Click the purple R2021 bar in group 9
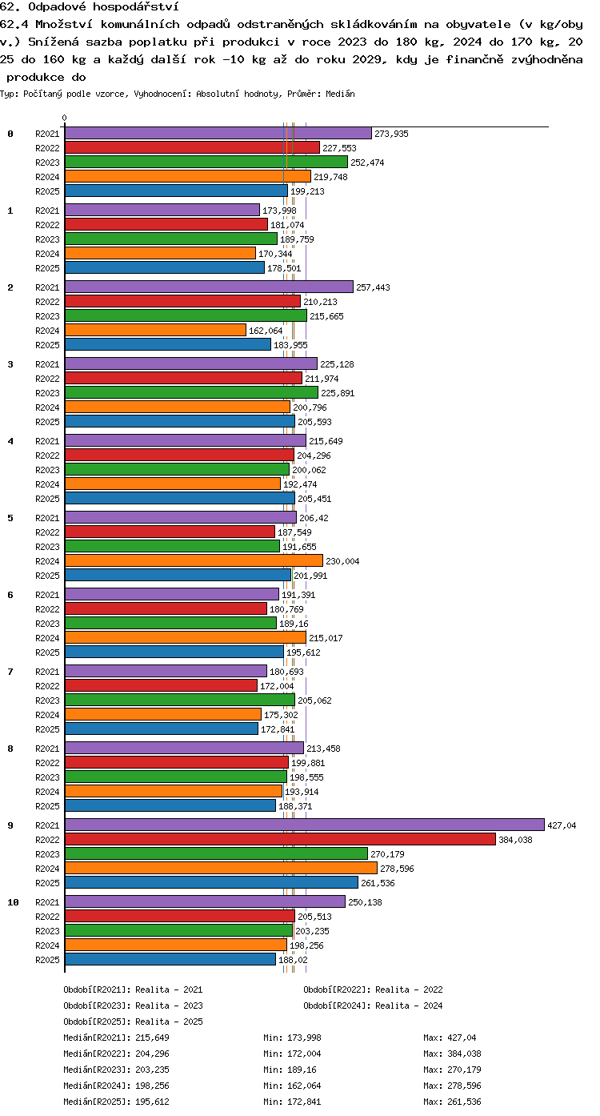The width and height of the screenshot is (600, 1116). coord(305,825)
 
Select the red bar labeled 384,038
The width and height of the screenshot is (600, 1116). coord(280,839)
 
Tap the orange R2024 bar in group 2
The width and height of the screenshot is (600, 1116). coord(155,330)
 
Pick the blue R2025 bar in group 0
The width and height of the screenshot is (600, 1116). coord(176,191)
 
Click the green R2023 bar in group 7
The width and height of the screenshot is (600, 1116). coord(180,700)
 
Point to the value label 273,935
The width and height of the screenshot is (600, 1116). coord(391,134)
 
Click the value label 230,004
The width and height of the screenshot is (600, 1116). coord(342,561)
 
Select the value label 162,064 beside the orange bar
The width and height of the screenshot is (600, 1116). coord(266,331)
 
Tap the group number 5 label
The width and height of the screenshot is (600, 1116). coord(10,518)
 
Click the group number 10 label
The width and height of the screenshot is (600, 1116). coord(13,902)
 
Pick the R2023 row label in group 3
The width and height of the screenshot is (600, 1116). coord(47,393)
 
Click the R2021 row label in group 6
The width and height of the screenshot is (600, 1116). coord(47,595)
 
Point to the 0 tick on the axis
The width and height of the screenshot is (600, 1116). coord(64,118)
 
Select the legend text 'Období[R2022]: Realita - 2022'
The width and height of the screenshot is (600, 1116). coord(373,990)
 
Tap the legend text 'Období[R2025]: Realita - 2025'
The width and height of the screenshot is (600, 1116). coord(133,1022)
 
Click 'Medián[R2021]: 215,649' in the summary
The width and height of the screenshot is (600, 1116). coord(116,1038)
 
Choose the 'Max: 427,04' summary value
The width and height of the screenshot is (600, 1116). coord(450,1038)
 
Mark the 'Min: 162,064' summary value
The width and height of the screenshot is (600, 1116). coord(292,1085)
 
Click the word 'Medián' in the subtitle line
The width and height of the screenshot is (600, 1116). coord(340,94)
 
